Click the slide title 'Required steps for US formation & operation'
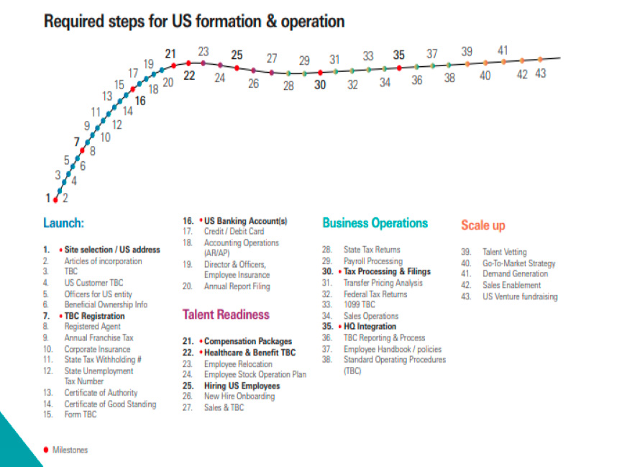click(194, 21)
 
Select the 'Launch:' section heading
click(63, 223)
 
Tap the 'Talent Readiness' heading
click(226, 314)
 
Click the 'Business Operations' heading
click(375, 223)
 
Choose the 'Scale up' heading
click(483, 225)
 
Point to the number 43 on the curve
click(540, 73)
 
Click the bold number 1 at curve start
click(47, 198)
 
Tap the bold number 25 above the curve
click(237, 54)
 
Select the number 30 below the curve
click(320, 84)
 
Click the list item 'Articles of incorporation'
click(103, 261)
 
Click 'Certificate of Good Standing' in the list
click(110, 404)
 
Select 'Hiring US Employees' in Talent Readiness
click(242, 386)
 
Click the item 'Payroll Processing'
click(372, 261)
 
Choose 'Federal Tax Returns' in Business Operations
click(375, 294)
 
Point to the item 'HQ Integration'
click(370, 327)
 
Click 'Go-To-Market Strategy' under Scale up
click(518, 263)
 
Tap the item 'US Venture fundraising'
click(520, 296)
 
